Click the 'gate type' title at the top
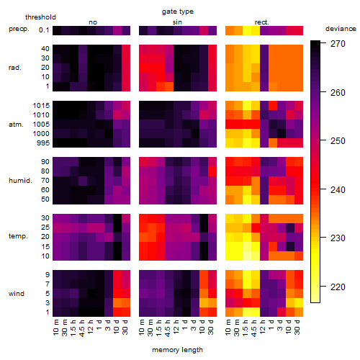[178, 12]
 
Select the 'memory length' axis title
[177, 350]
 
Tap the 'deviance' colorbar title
[341, 29]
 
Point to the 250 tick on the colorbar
[323, 140]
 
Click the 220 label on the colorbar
[338, 287]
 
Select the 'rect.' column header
[262, 22]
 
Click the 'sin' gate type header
[177, 22]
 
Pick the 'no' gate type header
[93, 22]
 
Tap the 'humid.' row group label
[20, 181]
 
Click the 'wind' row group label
[17, 294]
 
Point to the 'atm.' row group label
[16, 125]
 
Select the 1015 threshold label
[41, 106]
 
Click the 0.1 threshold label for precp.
[44, 30]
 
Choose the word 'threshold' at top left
[40, 17]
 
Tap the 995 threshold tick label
[43, 143]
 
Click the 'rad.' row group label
[15, 68]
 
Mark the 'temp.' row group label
[18, 236]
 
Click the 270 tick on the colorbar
[323, 43]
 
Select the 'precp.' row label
[19, 29]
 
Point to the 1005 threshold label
[41, 125]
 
